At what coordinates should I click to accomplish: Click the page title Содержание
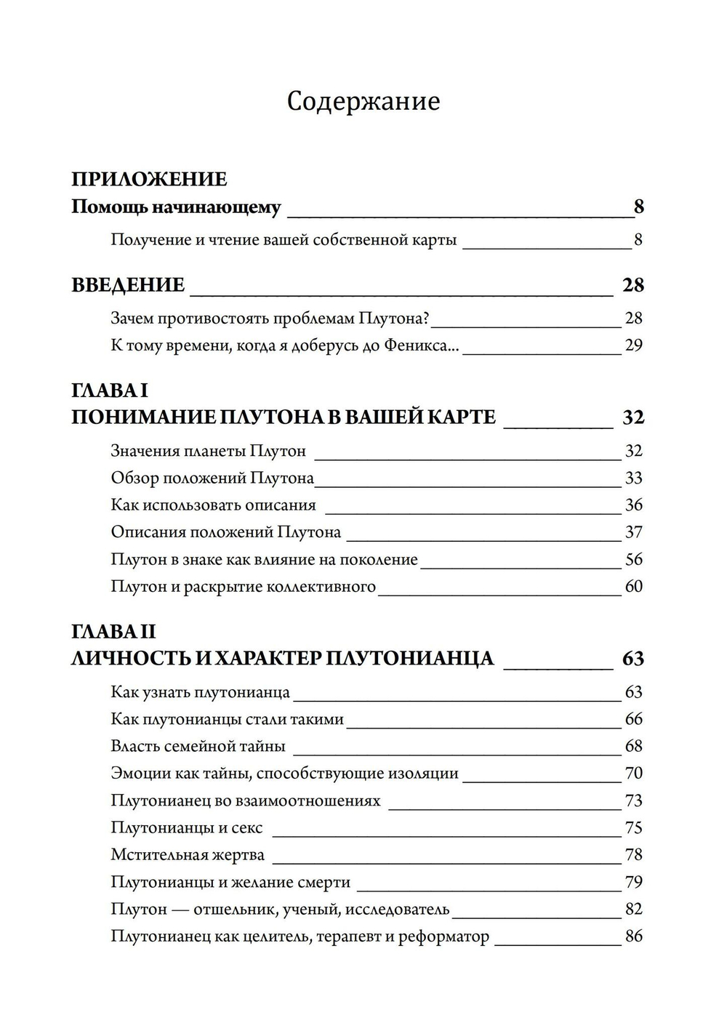pyautogui.click(x=363, y=102)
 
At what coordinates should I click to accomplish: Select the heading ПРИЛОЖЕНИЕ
pyautogui.click(x=149, y=179)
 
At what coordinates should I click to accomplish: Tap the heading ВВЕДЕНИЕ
pyautogui.click(x=128, y=285)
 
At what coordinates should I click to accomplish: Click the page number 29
pyautogui.click(x=633, y=345)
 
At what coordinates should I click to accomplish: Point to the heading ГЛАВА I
pyautogui.click(x=110, y=390)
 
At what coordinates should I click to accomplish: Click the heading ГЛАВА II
pyautogui.click(x=113, y=631)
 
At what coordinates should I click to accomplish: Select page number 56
pyautogui.click(x=633, y=559)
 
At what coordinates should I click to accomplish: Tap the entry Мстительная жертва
pyautogui.click(x=188, y=855)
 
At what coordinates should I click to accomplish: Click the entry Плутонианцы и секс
pyautogui.click(x=187, y=828)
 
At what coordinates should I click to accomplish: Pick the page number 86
pyautogui.click(x=633, y=936)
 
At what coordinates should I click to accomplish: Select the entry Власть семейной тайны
pyautogui.click(x=198, y=747)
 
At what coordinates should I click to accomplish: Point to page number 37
pyautogui.click(x=633, y=532)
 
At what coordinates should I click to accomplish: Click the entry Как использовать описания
pyautogui.click(x=213, y=505)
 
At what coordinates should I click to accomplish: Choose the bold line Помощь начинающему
pyautogui.click(x=176, y=207)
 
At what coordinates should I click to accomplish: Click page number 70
pyautogui.click(x=633, y=774)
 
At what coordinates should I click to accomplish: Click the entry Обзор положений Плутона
pyautogui.click(x=212, y=478)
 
